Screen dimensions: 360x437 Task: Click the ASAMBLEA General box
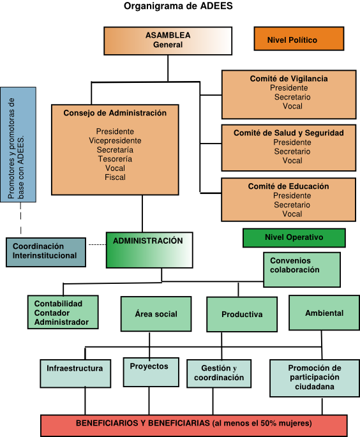(168, 41)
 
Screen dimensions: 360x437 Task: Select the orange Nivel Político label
(299, 39)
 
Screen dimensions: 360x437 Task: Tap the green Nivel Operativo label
(294, 238)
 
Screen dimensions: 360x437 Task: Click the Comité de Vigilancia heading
(289, 78)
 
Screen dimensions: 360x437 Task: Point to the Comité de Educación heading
(289, 186)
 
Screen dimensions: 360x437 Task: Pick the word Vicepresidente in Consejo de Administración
(115, 140)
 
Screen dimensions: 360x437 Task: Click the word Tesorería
(115, 159)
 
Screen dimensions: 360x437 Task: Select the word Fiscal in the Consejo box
(115, 177)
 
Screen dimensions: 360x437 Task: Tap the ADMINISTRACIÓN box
(149, 250)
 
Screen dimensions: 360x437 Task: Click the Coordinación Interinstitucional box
(46, 252)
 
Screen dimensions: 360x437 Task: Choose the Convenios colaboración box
(302, 270)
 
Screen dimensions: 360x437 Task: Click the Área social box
(156, 314)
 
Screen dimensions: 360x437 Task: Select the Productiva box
(242, 315)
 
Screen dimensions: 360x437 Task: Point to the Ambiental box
(324, 313)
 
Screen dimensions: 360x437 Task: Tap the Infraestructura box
(75, 373)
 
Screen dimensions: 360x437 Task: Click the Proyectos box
(151, 372)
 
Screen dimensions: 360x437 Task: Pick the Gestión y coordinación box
(219, 373)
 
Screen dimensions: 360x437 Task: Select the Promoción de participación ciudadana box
(315, 378)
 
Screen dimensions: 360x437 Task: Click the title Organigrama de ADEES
(178, 6)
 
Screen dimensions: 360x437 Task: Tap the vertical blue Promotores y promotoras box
(18, 145)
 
